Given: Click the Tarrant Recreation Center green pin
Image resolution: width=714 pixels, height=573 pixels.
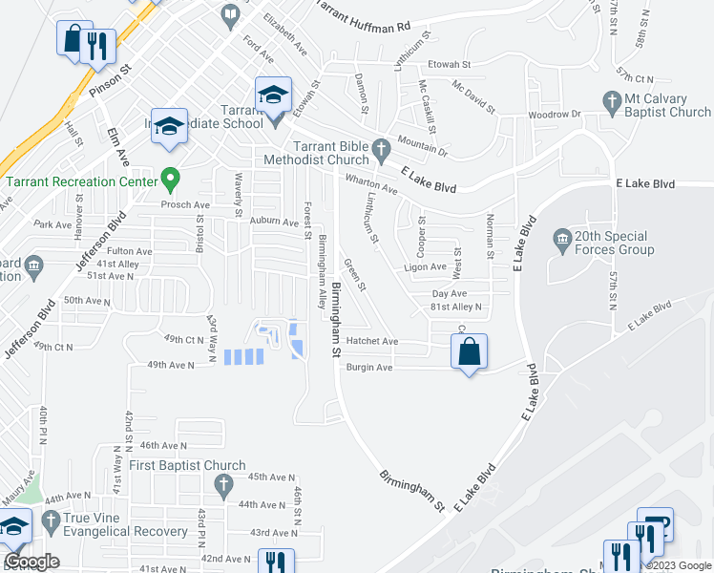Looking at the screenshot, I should tap(171, 178).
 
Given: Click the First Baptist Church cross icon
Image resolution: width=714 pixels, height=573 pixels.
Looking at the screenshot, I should tap(221, 486).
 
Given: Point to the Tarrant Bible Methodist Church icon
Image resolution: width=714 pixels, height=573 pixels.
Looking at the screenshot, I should tap(382, 149).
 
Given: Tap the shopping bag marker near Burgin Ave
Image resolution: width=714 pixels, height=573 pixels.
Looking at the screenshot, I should tap(469, 352).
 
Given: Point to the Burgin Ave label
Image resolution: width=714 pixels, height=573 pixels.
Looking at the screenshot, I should tap(369, 367).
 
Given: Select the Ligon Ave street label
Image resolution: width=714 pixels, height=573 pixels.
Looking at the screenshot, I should tap(425, 267).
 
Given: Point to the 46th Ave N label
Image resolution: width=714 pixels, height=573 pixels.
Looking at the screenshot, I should tap(162, 445).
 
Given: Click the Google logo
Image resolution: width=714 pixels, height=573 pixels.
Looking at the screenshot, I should tap(31, 562).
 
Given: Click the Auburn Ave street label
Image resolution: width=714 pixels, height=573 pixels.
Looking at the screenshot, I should tap(274, 222).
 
